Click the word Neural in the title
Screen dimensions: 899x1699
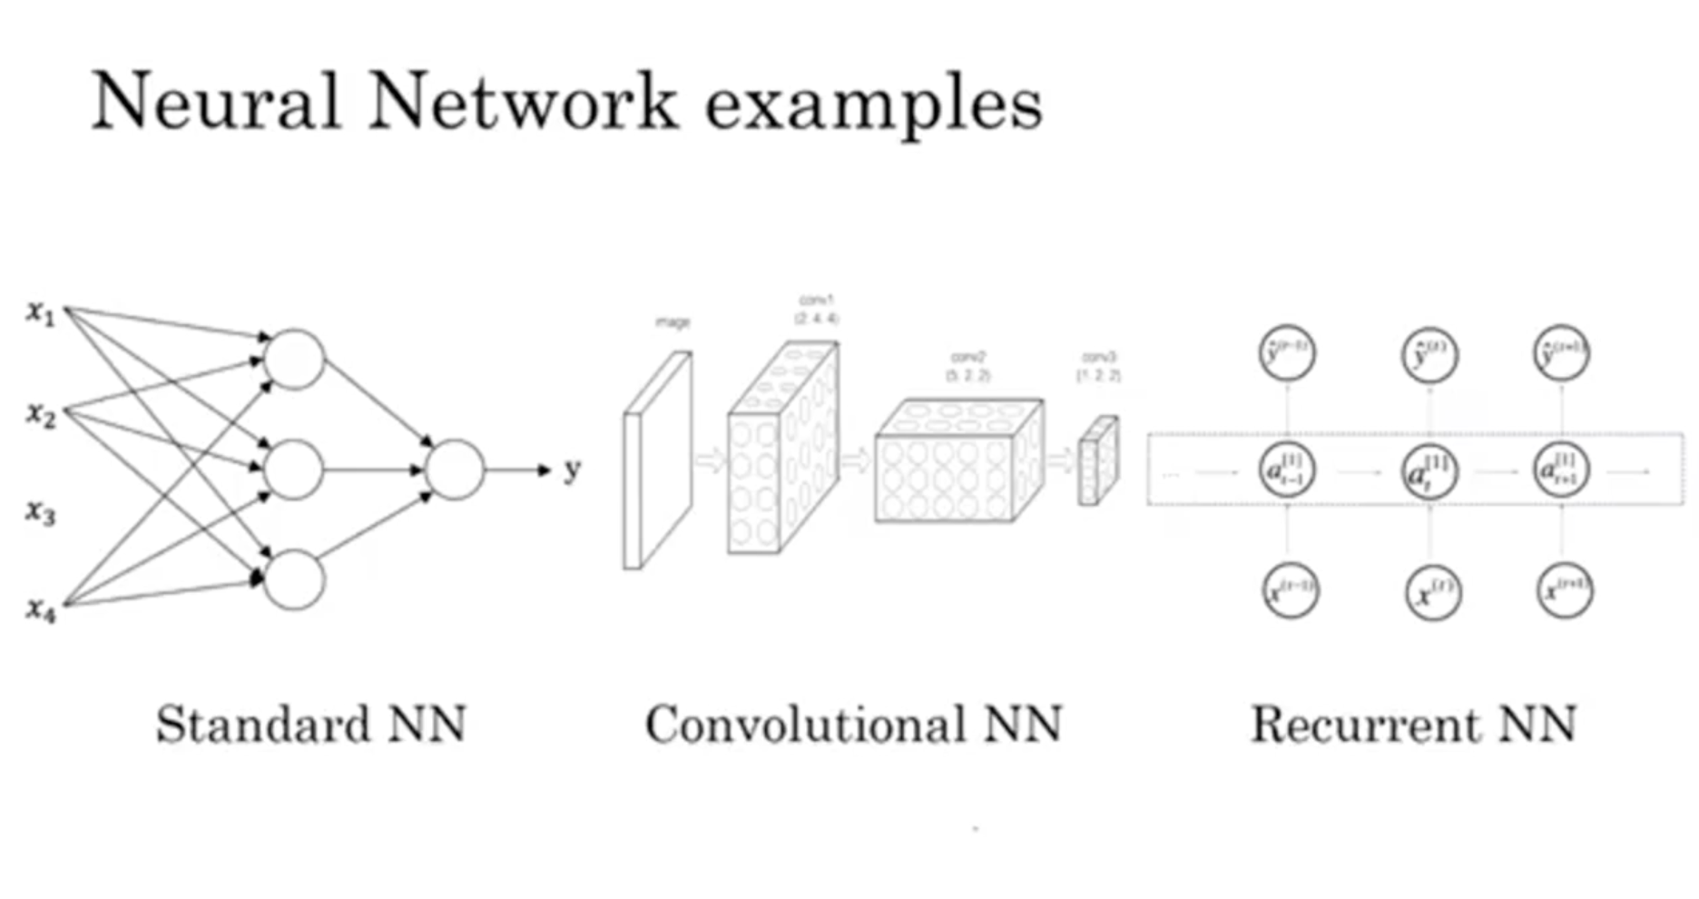(x=216, y=102)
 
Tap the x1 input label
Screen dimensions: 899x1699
(x=41, y=313)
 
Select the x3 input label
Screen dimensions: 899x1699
(x=41, y=513)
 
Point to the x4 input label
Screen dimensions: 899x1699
(x=41, y=610)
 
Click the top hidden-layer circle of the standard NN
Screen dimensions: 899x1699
(x=293, y=360)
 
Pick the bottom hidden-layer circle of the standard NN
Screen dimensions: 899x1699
(x=293, y=579)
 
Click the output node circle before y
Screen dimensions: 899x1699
(x=454, y=469)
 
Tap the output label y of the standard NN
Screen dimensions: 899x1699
(x=572, y=469)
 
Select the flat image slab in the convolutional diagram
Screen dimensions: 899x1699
(x=657, y=461)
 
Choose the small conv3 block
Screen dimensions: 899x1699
(x=1098, y=460)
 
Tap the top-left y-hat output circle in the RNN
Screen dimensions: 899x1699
(x=1287, y=353)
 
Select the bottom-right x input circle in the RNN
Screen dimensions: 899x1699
(x=1565, y=591)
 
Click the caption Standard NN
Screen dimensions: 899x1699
(x=311, y=725)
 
